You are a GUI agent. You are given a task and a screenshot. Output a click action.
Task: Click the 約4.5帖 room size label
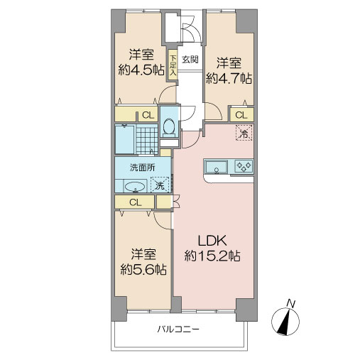click(141, 70)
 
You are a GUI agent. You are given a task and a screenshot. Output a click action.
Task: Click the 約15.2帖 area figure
click(212, 256)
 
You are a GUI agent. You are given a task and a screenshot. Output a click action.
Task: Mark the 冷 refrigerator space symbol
click(244, 132)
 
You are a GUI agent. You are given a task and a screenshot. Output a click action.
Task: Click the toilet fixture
click(168, 126)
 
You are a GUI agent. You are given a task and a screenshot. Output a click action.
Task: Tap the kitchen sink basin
click(215, 168)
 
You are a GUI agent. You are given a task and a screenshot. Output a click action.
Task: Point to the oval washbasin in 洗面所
click(136, 187)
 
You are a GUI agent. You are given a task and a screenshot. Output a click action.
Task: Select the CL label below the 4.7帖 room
click(241, 114)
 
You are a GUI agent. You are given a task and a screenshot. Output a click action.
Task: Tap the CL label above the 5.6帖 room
click(135, 202)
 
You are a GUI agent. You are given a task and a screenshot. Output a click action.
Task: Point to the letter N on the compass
click(289, 304)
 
